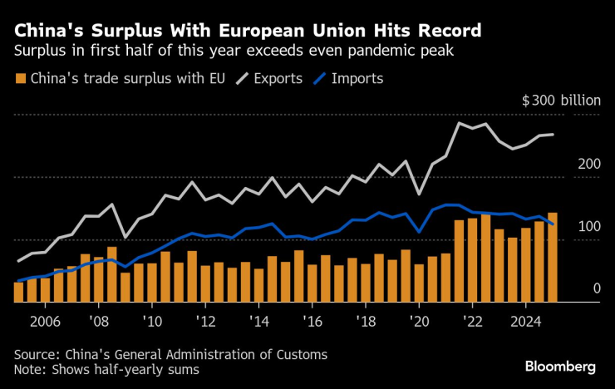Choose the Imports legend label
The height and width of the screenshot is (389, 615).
point(357,79)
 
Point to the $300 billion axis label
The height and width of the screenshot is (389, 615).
point(560,101)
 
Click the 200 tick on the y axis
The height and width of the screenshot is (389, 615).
point(588,164)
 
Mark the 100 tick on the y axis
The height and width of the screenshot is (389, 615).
point(588,227)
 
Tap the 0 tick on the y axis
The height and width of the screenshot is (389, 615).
point(596,288)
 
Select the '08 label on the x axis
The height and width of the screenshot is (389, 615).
point(98,320)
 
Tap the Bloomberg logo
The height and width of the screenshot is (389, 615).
point(560,366)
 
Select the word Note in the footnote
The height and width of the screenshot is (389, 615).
point(30,369)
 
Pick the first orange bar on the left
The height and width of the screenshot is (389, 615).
point(18,293)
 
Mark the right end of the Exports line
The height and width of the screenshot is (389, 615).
point(553,135)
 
